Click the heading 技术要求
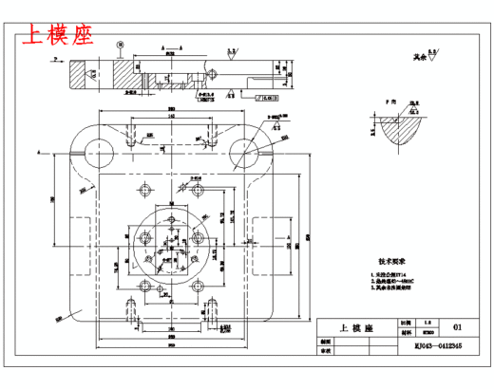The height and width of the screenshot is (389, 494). point(392,259)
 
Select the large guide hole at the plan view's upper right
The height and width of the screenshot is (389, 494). point(246,147)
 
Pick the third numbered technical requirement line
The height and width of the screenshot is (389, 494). point(392,288)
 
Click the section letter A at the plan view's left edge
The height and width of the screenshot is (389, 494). point(39,151)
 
